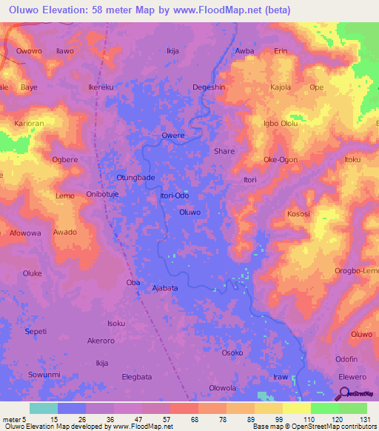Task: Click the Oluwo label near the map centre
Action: click(189, 213)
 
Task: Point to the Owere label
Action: click(172, 136)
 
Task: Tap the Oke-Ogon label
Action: click(281, 160)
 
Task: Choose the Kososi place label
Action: click(298, 214)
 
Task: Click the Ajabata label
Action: click(165, 288)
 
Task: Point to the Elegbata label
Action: click(137, 377)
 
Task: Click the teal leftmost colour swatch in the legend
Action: click(44, 408)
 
